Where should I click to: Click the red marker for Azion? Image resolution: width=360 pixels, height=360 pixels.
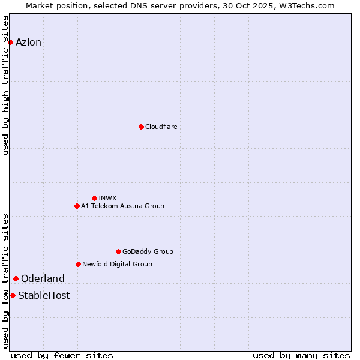(10, 42)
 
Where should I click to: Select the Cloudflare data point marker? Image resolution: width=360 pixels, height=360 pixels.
(141, 127)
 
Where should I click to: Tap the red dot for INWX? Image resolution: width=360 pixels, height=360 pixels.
(94, 198)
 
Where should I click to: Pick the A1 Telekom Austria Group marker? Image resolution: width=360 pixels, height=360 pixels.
(77, 206)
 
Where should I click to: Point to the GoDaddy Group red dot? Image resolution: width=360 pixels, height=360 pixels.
(118, 251)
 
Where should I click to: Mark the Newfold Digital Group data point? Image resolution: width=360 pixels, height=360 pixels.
(78, 264)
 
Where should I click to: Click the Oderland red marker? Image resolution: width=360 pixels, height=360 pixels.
(16, 278)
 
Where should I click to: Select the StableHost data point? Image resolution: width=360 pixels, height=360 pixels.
(13, 295)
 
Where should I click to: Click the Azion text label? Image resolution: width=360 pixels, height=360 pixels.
(28, 42)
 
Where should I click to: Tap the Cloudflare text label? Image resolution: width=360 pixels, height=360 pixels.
(161, 127)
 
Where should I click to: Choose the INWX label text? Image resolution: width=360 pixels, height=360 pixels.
(107, 198)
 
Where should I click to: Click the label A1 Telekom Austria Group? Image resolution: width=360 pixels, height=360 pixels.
(122, 206)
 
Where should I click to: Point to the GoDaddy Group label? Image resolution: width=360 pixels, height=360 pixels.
(148, 251)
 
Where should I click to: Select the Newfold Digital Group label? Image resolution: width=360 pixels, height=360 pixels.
(117, 264)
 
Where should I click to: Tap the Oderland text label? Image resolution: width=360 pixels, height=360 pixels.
(43, 278)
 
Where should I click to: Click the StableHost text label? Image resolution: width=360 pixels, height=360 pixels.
(44, 295)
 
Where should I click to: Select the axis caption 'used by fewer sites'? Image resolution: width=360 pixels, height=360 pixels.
(62, 355)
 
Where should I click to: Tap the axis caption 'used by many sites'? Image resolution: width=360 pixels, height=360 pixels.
(301, 355)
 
